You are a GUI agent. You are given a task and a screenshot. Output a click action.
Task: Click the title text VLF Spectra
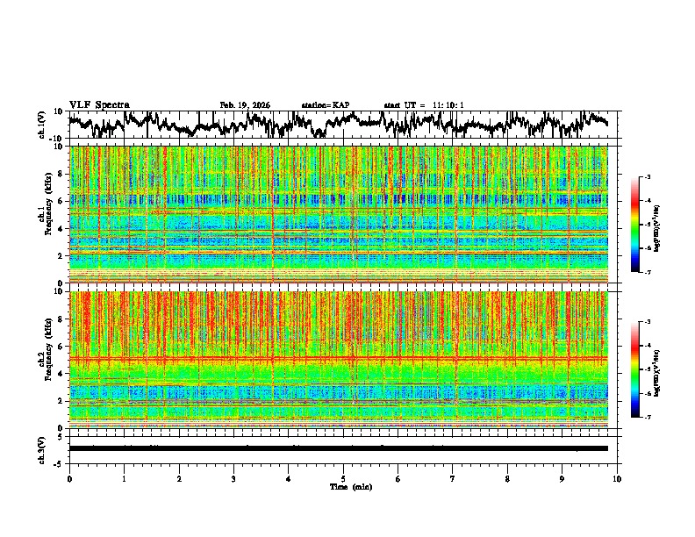97,105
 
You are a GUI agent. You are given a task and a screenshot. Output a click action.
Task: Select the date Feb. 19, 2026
245,105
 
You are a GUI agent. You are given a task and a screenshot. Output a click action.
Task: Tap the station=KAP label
325,105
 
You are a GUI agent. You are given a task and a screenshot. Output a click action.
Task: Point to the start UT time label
424,105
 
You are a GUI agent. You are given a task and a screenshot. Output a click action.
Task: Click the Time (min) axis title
350,486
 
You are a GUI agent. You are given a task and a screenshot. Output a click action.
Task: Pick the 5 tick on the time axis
343,479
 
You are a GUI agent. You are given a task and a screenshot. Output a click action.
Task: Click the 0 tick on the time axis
69,479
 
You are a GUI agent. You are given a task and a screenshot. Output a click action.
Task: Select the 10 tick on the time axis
617,479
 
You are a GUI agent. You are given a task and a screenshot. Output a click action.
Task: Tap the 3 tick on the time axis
233,479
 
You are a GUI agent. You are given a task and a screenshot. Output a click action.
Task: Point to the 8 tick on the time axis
507,479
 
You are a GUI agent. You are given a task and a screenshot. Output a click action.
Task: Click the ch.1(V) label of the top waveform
42,125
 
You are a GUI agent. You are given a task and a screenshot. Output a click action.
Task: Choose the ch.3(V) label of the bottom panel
42,447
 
